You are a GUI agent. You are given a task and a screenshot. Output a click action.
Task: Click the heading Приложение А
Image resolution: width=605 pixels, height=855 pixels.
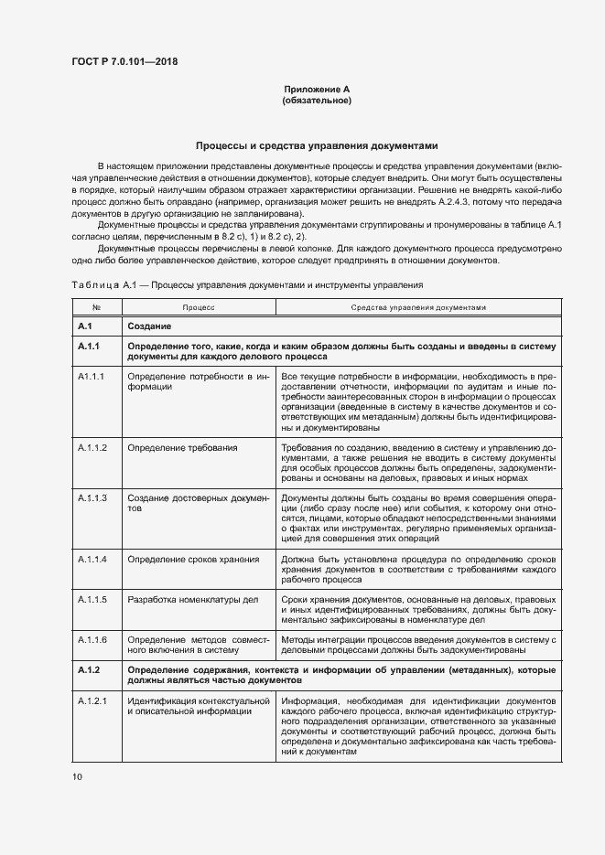[x=318, y=89]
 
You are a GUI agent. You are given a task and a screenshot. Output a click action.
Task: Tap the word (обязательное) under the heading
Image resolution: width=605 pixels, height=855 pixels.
[x=318, y=100]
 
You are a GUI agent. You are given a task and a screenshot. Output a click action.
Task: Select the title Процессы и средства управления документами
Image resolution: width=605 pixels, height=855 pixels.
[x=318, y=145]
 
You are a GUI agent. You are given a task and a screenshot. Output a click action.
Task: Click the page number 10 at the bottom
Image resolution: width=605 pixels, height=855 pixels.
[x=77, y=776]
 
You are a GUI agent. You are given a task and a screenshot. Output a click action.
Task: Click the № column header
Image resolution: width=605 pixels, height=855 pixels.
[x=96, y=308]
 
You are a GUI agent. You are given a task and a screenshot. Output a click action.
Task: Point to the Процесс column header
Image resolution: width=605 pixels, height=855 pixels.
[x=198, y=308]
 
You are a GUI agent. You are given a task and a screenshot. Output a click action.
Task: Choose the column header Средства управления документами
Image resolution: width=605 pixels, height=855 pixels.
[x=418, y=308]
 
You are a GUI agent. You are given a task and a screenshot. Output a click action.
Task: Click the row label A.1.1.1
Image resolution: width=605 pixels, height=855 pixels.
[x=93, y=376]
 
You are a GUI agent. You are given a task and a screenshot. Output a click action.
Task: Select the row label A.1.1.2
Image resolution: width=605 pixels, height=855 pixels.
[x=93, y=447]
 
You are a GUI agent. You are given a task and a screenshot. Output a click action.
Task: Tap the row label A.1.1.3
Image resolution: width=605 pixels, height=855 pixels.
[x=93, y=497]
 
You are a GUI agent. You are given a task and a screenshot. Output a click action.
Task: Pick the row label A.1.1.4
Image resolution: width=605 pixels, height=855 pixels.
[x=93, y=558]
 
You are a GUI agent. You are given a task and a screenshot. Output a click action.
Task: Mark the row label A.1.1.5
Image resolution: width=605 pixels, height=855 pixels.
[x=93, y=599]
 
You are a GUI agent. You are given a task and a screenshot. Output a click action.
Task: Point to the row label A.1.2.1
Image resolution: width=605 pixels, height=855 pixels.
[x=93, y=701]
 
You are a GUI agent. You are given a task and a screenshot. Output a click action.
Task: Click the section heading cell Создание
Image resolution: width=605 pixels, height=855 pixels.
[x=150, y=326]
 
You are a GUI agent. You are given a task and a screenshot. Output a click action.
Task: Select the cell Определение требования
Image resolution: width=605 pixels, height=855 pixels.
[x=183, y=447]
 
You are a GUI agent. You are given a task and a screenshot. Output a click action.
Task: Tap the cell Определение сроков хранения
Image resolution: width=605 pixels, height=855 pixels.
[x=193, y=558]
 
